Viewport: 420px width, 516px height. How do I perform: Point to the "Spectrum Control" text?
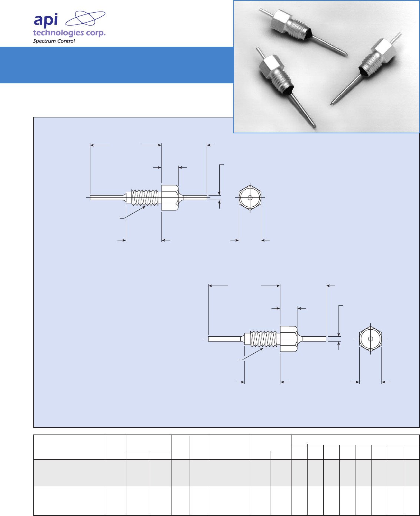pyautogui.click(x=54, y=41)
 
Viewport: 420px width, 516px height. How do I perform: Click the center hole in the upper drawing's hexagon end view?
pyautogui.click(x=250, y=197)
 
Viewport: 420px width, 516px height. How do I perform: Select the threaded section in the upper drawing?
pyautogui.click(x=145, y=197)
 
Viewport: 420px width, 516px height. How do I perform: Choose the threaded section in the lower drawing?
pyautogui.click(x=263, y=339)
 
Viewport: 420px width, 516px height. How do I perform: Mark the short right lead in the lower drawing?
pyautogui.click(x=314, y=339)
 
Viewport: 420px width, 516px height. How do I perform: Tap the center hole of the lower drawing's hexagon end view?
pyautogui.click(x=370, y=339)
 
